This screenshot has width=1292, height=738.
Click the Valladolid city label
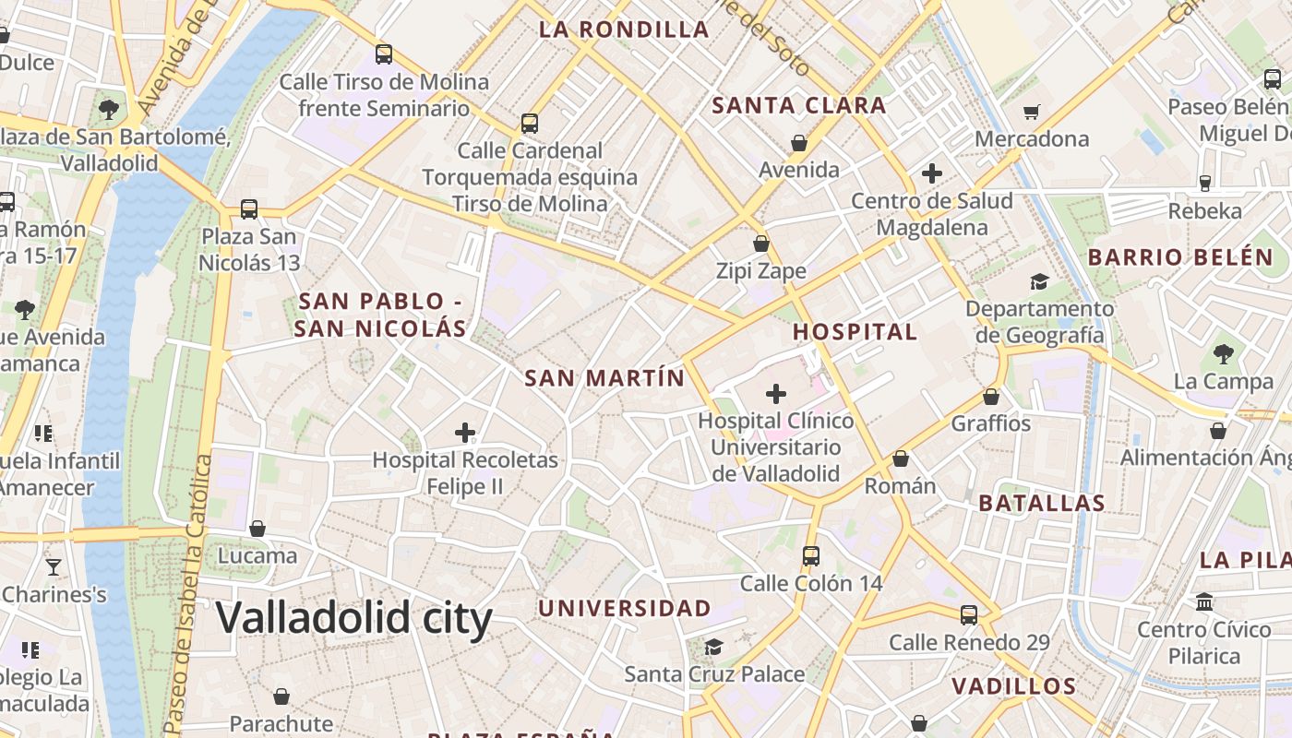(354, 618)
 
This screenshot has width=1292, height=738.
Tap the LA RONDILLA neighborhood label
(624, 30)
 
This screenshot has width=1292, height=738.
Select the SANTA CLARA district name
(799, 105)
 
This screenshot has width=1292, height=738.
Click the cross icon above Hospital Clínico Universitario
(776, 394)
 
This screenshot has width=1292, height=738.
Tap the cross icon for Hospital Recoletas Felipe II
(465, 432)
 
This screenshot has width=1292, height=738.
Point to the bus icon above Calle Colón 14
(810, 555)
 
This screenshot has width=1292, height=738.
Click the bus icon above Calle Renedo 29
(968, 614)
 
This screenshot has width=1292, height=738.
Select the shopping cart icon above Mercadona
(1032, 112)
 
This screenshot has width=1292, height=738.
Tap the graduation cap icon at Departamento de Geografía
(1039, 281)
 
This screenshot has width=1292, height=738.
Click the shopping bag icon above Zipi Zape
(761, 244)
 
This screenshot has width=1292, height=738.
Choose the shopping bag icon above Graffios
(990, 397)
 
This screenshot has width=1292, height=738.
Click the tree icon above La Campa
(1223, 353)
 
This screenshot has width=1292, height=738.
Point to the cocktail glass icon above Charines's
(54, 566)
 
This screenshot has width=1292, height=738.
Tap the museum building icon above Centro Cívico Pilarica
(1203, 601)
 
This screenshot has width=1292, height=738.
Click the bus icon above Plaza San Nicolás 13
(248, 208)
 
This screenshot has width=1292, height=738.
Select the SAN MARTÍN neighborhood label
(604, 378)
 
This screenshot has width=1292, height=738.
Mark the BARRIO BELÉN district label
(1180, 257)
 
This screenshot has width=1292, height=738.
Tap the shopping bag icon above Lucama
(257, 529)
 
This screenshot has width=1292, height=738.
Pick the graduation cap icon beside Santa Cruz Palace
(713, 646)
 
